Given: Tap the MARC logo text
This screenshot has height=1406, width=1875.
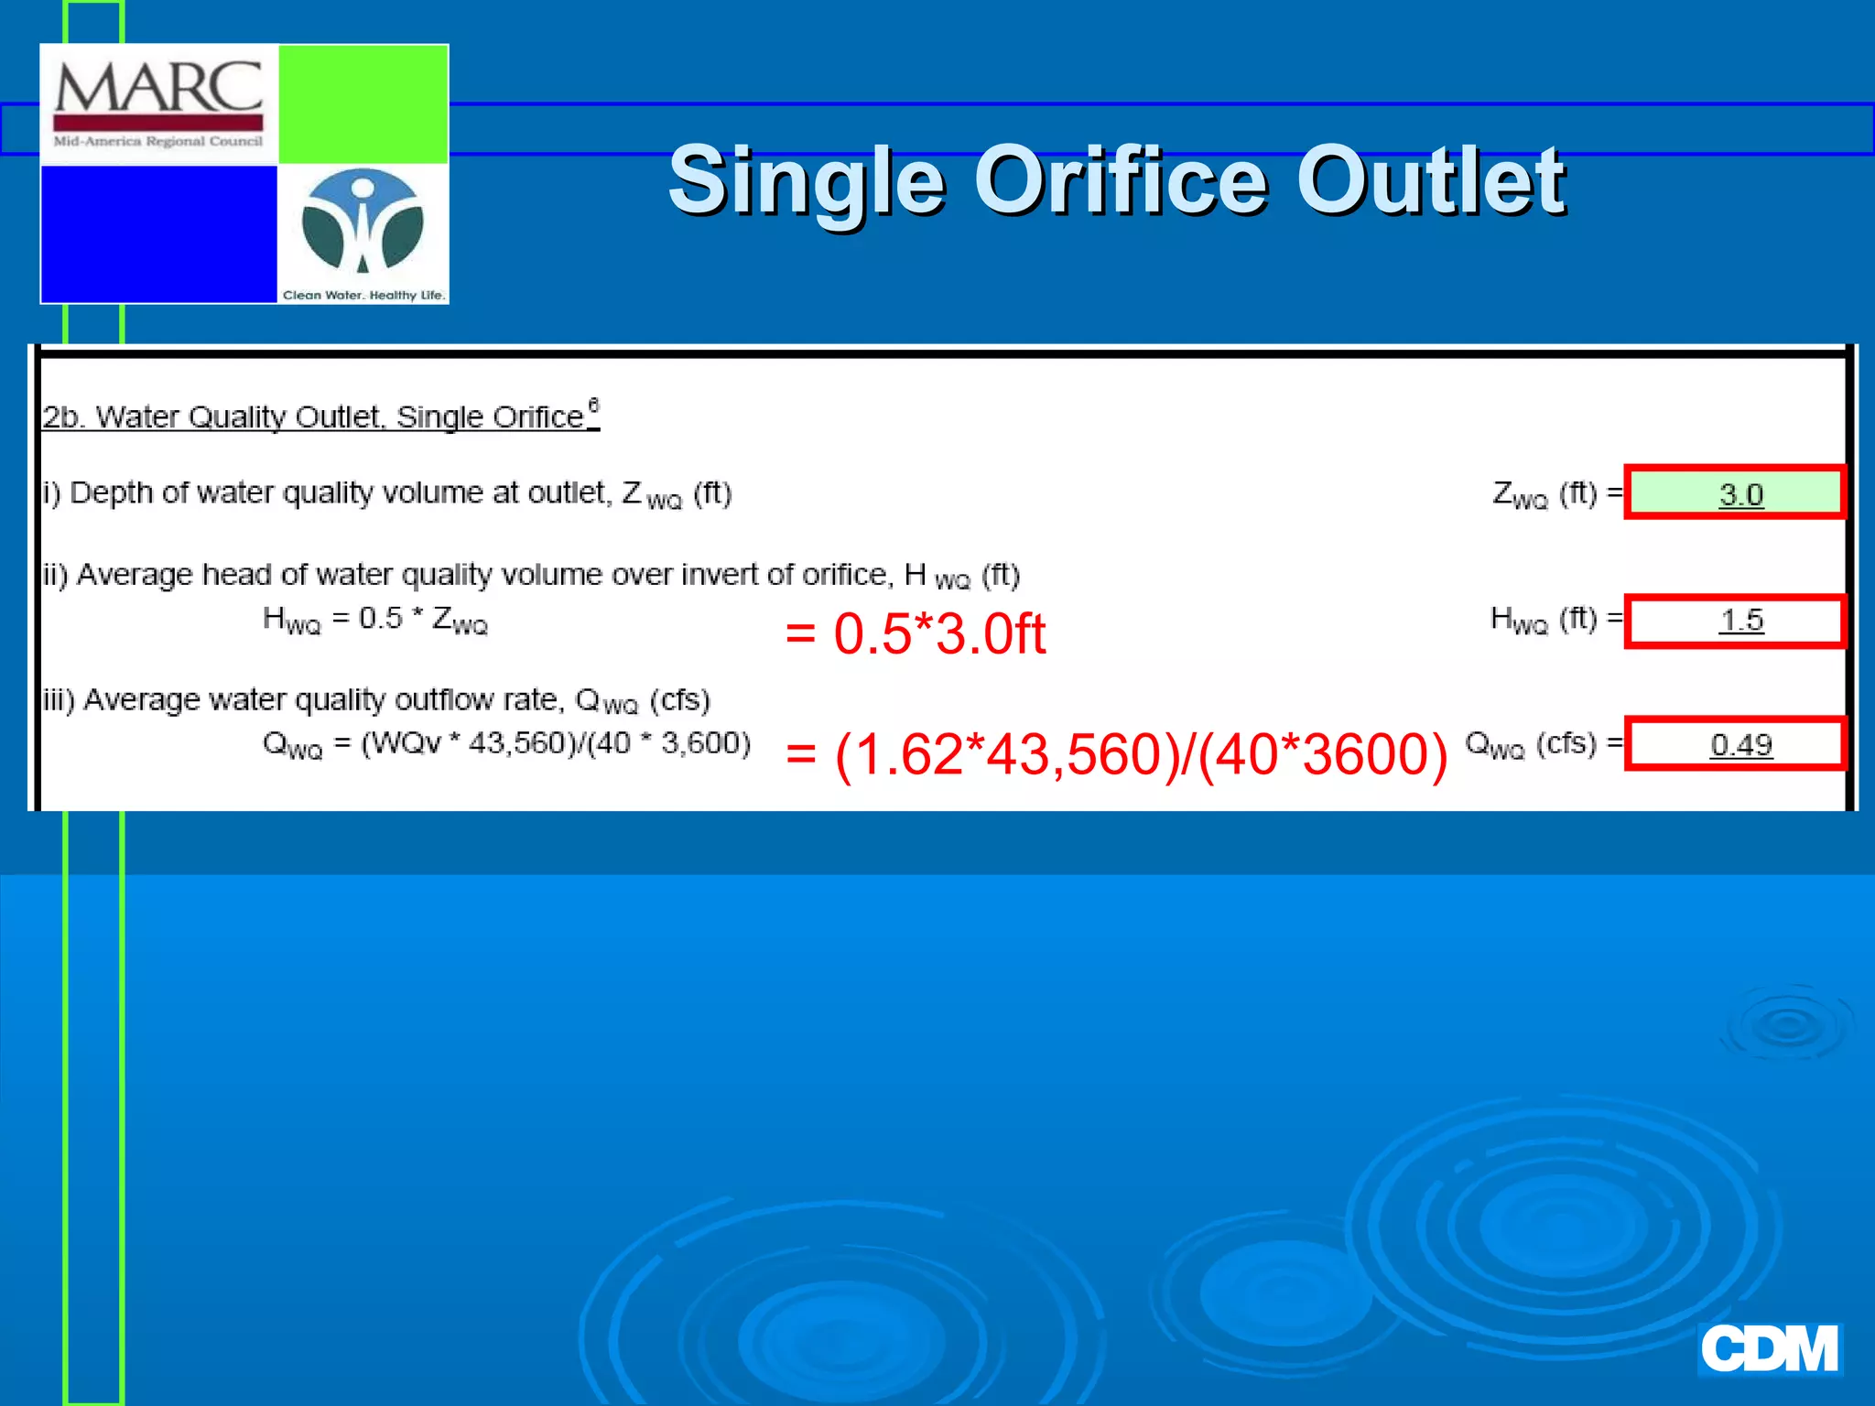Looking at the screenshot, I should (x=158, y=89).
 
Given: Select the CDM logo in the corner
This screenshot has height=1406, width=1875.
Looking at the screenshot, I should (x=1769, y=1348).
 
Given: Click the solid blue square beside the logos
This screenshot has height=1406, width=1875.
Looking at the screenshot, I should (x=158, y=233).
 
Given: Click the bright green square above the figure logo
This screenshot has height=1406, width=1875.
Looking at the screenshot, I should (x=363, y=103).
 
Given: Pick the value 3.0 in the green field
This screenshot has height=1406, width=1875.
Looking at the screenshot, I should (x=1740, y=494).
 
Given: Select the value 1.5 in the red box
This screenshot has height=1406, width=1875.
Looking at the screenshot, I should (x=1740, y=621).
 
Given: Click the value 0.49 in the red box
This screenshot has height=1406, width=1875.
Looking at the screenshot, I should (x=1740, y=745).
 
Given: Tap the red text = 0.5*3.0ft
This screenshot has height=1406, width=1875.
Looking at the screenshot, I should (x=915, y=633).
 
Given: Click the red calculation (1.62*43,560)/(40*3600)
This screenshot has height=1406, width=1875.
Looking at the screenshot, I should (x=1117, y=755).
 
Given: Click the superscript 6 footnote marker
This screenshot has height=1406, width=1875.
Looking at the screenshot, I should (x=593, y=405).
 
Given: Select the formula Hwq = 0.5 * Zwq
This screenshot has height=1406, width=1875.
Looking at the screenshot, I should (x=375, y=620).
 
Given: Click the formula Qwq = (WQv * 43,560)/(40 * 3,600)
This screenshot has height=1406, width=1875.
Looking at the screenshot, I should (x=506, y=743).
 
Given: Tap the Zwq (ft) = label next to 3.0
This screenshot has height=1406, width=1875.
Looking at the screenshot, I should (x=1555, y=494).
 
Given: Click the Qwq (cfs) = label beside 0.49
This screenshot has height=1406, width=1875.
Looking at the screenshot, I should (x=1542, y=744).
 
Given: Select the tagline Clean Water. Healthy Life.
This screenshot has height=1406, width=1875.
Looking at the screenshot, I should (x=363, y=295).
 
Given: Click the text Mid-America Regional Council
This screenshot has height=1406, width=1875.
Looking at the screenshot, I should (x=158, y=141).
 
